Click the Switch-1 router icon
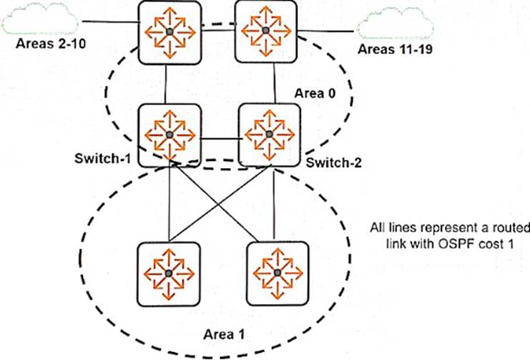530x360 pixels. coord(170,135)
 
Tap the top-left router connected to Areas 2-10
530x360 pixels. coord(170,31)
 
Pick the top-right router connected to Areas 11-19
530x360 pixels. coord(266,31)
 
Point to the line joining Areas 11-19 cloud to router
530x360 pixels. coord(326,30)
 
